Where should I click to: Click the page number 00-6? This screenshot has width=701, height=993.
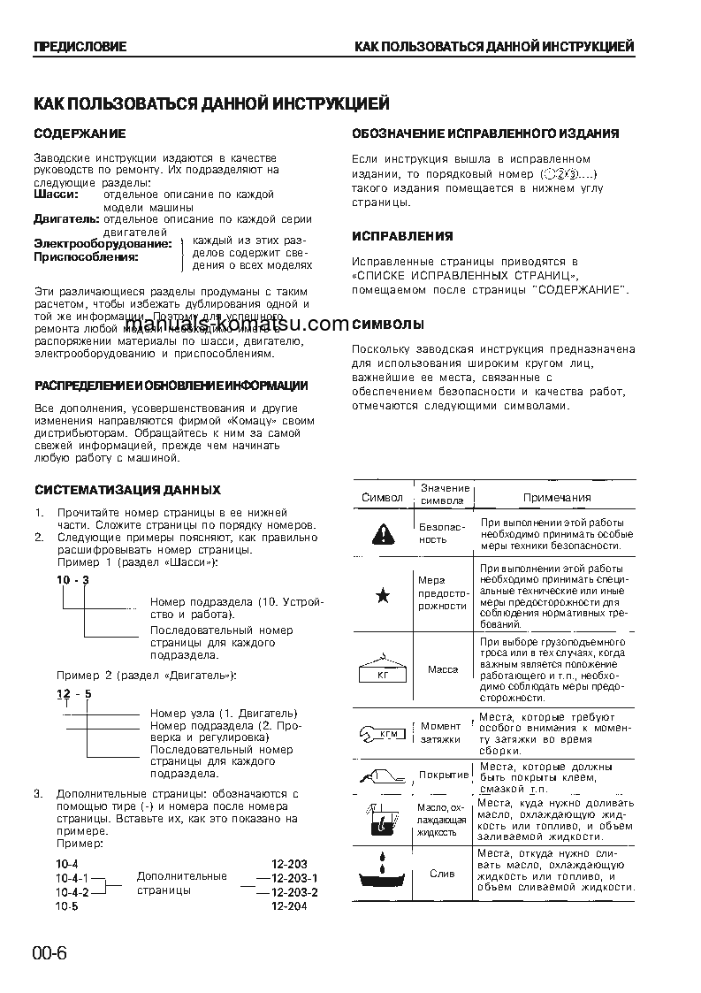(x=50, y=953)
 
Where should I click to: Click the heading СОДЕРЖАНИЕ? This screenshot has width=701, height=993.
(x=80, y=134)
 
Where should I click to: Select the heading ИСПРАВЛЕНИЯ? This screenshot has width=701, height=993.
(x=402, y=236)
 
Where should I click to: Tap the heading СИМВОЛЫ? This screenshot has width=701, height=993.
(x=388, y=324)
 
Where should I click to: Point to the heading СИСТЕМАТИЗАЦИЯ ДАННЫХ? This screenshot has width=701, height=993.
(x=127, y=490)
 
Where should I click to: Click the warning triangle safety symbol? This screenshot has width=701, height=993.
(x=382, y=533)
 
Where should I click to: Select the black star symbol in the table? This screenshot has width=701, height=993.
(x=382, y=596)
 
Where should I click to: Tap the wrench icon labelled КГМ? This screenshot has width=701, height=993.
(x=382, y=732)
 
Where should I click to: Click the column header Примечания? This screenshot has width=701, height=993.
(x=557, y=498)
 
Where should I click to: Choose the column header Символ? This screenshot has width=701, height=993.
(x=382, y=498)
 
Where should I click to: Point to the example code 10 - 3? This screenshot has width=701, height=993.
(x=73, y=579)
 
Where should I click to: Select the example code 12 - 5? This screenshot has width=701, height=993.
(x=74, y=693)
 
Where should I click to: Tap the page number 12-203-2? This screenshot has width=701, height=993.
(x=294, y=892)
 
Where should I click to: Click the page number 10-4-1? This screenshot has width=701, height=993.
(x=72, y=878)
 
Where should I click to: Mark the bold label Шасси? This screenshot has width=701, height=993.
(x=56, y=194)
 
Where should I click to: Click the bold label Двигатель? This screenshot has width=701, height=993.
(x=67, y=218)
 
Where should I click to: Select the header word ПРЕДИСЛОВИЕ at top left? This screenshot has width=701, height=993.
(x=80, y=46)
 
